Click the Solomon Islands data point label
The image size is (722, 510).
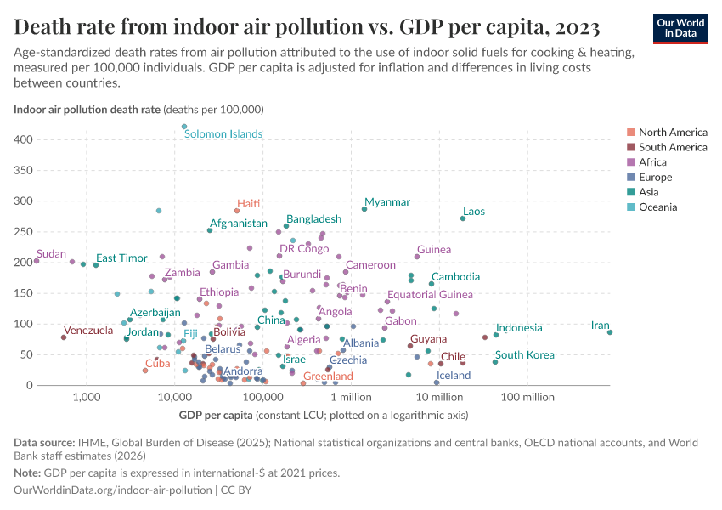223,134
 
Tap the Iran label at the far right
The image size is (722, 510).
601,326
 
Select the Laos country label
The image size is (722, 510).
474,212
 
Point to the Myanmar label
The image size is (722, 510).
387,202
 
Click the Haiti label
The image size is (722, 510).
249,204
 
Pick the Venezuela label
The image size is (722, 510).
88,331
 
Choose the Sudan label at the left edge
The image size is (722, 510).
52,254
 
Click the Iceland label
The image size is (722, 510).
454,375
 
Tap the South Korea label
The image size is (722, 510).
525,355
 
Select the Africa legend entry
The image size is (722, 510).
654,162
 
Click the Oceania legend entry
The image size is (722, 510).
659,207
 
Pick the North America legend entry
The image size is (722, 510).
673,133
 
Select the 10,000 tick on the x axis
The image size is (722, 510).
174,398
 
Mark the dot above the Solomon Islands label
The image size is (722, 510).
184,127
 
